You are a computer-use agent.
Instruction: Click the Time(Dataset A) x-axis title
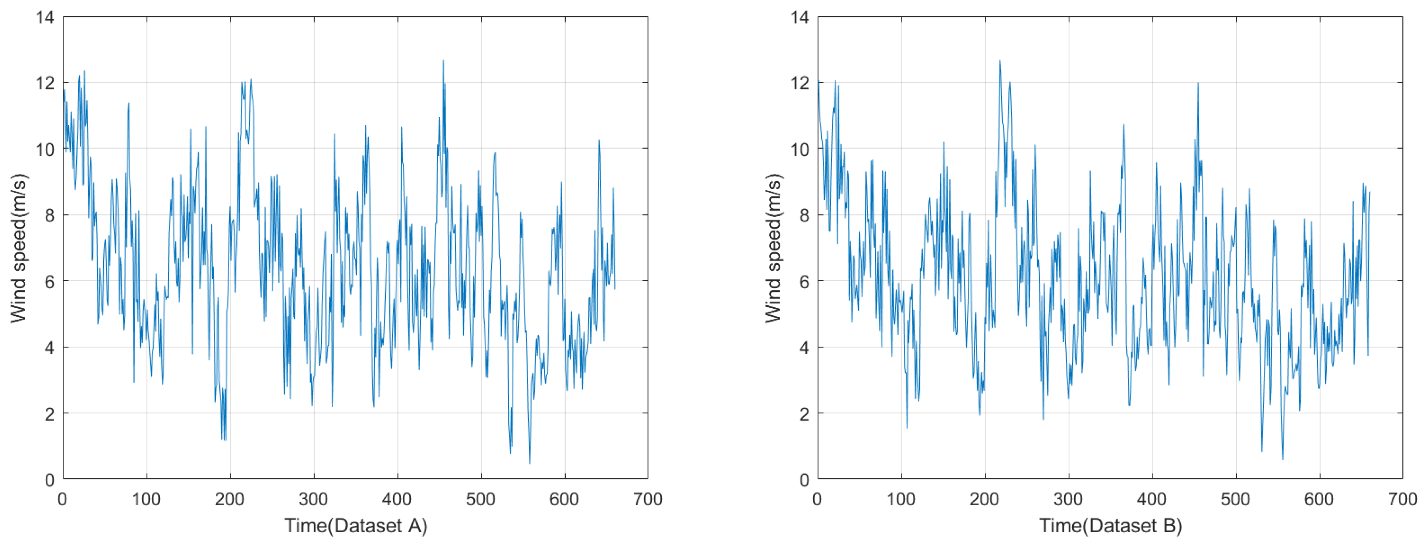click(356, 526)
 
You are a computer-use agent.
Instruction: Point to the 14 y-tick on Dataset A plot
click(45, 18)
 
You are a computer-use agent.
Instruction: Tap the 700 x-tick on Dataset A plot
click(647, 499)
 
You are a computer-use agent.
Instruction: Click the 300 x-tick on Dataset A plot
click(313, 499)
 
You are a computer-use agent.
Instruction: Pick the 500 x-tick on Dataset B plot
click(1236, 499)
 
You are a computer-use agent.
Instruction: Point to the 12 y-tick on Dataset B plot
click(800, 83)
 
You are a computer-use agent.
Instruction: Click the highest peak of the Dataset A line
click(443, 60)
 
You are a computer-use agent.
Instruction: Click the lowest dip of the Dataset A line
click(530, 463)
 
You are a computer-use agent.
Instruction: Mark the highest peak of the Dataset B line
click(1000, 60)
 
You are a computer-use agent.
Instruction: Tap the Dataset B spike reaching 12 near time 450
click(1198, 83)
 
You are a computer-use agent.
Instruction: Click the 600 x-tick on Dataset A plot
click(564, 499)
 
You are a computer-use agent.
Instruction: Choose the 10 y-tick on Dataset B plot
click(800, 149)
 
